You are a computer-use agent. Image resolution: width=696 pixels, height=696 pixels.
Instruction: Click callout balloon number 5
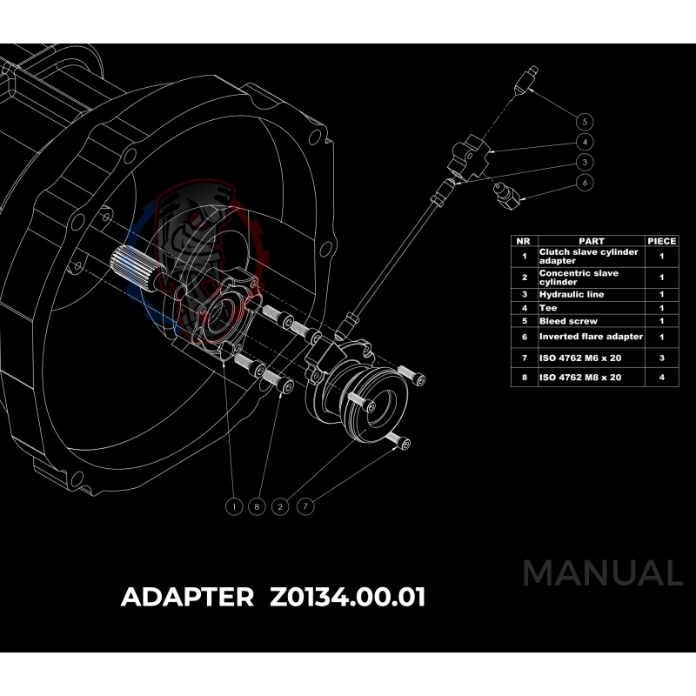[585, 120]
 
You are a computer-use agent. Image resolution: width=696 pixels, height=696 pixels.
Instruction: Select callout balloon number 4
[585, 142]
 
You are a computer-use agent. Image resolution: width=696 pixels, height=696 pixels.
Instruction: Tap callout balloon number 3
[585, 163]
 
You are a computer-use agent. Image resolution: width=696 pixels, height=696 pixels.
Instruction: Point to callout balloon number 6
[585, 184]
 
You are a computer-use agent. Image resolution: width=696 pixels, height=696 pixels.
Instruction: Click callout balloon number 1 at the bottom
[233, 505]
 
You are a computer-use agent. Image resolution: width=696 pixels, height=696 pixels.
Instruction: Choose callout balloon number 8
[257, 505]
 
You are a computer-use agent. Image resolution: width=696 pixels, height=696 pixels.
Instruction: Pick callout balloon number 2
[280, 505]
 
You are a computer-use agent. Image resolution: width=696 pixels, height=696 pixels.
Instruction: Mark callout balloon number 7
[304, 505]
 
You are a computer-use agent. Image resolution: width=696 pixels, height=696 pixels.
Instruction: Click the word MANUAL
[602, 573]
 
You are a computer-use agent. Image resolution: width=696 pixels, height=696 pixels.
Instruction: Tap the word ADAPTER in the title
[187, 598]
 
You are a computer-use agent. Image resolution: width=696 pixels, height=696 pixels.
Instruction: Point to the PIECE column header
[661, 241]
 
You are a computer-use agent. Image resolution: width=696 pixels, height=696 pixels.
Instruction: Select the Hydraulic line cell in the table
[571, 295]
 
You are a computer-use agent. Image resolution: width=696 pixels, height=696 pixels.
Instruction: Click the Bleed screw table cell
[566, 321]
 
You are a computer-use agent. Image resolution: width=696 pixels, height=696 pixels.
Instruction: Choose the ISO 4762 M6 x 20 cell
[579, 358]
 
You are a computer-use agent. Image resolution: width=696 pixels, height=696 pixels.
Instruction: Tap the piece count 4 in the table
[661, 378]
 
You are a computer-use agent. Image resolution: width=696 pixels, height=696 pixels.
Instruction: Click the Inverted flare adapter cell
[591, 337]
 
